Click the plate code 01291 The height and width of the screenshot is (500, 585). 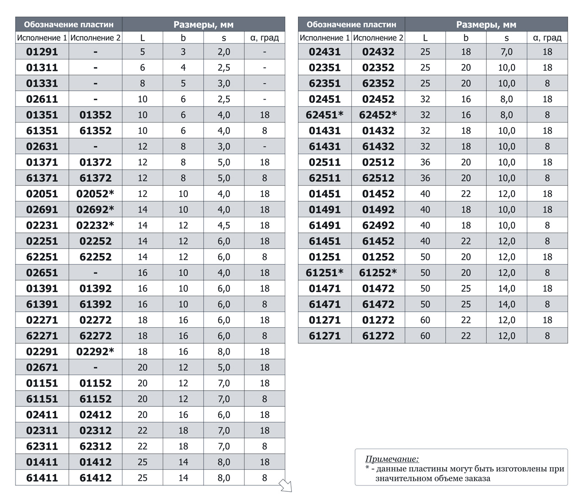(42, 52)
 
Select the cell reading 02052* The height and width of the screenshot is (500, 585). (95, 194)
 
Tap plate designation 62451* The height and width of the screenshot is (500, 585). (324, 115)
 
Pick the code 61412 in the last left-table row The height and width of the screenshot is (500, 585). (96, 478)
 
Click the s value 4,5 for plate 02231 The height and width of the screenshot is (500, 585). (224, 225)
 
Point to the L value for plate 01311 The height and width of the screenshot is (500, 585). (142, 68)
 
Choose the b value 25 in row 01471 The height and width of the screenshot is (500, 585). (466, 289)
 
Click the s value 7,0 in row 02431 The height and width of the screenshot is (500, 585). (506, 52)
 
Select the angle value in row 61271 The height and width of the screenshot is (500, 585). (548, 336)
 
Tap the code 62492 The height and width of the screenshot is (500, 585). (378, 225)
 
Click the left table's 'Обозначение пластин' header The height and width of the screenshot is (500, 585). (69, 25)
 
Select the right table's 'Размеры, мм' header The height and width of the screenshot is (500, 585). (486, 25)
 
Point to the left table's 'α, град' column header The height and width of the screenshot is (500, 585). (265, 37)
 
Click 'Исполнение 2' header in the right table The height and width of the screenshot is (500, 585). (378, 37)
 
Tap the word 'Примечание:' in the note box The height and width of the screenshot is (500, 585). (392, 459)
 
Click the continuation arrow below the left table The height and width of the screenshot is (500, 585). (285, 485)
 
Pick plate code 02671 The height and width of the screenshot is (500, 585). (42, 367)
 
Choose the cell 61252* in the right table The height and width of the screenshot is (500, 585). (378, 273)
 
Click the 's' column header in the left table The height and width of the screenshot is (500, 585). (224, 38)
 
